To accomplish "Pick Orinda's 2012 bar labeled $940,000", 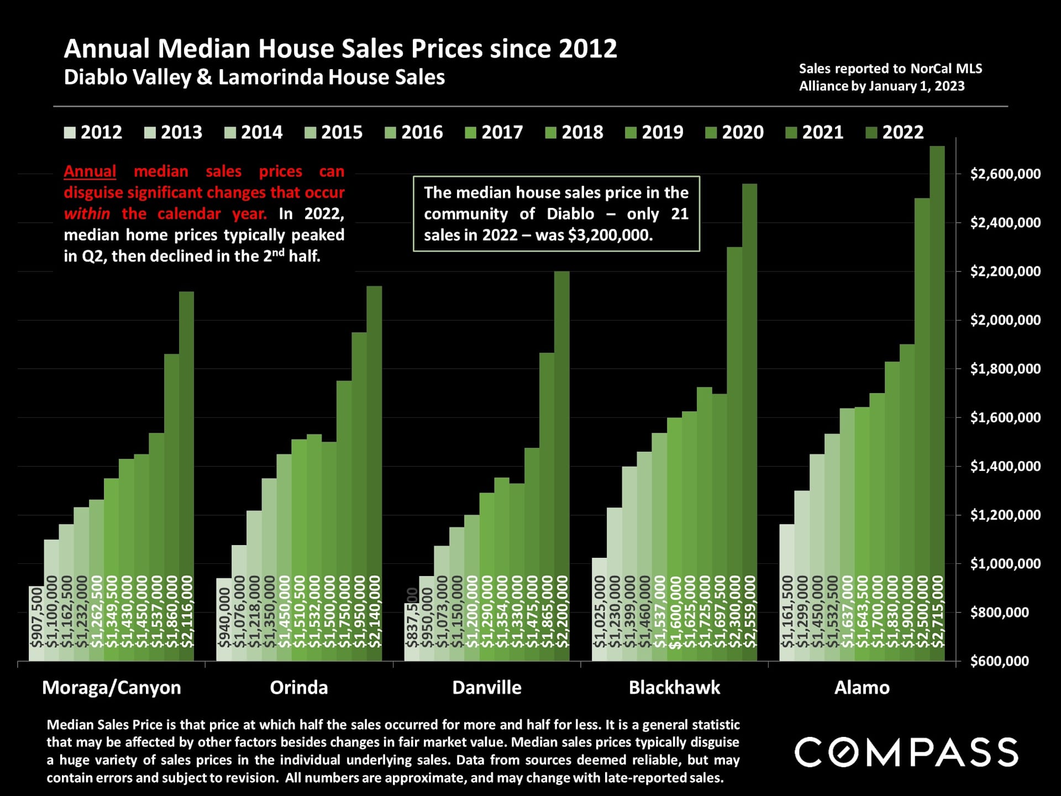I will [224, 619].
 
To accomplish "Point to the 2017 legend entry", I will [495, 133].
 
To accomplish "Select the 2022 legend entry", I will [895, 133].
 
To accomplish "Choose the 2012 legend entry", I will [94, 133].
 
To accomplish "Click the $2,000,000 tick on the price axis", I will [1005, 320].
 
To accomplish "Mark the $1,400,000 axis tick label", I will [1005, 467].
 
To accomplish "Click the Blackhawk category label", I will [674, 688].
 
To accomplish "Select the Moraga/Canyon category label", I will [112, 688].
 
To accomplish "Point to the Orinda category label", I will [299, 688].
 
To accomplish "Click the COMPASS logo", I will [906, 752].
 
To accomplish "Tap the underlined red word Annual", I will [90, 171].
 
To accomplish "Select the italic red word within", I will [87, 214].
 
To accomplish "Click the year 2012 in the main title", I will [587, 49].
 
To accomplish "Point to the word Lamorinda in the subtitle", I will [270, 77].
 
